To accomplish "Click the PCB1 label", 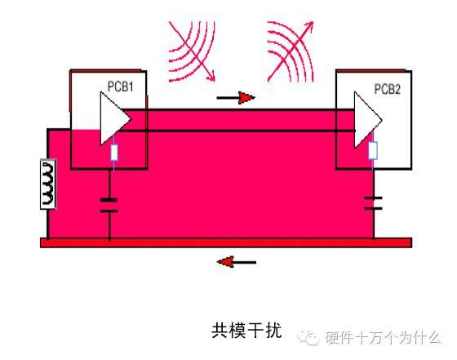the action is point(121,87).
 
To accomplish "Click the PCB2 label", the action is point(387,89).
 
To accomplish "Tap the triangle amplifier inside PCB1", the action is point(113,118).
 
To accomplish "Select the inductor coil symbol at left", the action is point(48,184).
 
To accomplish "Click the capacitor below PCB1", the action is point(109,205).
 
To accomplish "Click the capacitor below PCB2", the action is point(374,203).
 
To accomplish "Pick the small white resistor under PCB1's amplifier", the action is point(114,153).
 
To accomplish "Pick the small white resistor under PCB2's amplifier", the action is point(373,150).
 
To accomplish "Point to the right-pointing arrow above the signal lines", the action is point(236,98).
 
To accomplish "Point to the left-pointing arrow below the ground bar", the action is point(237,262).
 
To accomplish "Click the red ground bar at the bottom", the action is point(226,242).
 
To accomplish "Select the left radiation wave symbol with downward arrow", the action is point(192,51).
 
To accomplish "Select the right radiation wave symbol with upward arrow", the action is point(291,51).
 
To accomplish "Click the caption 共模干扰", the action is point(246,331).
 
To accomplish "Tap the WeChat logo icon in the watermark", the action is point(308,338).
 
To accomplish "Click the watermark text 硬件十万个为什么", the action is point(383,338).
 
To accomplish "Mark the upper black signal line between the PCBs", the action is point(237,110).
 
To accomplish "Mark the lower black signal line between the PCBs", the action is point(237,131).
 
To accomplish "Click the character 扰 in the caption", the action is point(273,331).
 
